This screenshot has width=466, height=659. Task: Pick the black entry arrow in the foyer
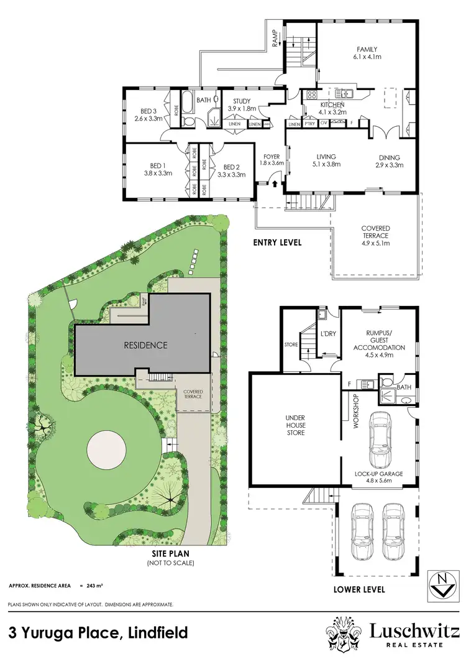pyautogui.click(x=274, y=183)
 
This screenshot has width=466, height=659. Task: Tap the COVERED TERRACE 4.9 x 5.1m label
pyautogui.click(x=375, y=236)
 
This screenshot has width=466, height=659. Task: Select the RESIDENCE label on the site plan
pyautogui.click(x=145, y=345)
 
